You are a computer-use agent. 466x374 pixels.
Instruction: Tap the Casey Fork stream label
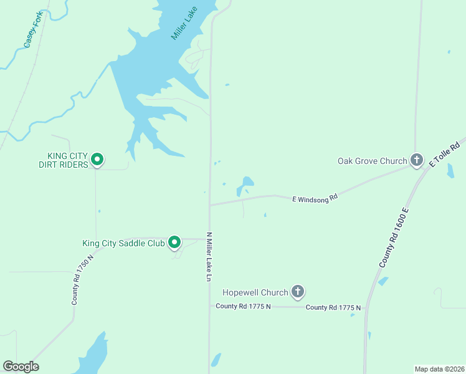click(x=33, y=29)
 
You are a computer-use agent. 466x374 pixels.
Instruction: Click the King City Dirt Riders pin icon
click(x=97, y=160)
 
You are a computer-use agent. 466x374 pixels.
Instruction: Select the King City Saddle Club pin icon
click(x=175, y=242)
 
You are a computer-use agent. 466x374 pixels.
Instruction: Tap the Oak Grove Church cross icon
click(x=416, y=160)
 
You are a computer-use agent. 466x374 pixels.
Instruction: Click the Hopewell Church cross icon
click(x=298, y=292)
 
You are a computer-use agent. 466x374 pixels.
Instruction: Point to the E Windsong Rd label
click(x=315, y=198)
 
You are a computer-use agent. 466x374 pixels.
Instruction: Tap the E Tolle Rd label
click(x=444, y=153)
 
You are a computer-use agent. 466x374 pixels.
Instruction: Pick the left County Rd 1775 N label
click(x=244, y=306)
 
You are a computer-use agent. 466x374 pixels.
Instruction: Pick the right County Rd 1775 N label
click(x=333, y=307)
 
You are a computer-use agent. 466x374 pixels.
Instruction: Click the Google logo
click(x=21, y=367)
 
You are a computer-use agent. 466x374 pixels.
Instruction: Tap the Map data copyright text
click(x=439, y=368)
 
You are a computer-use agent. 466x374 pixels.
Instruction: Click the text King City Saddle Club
click(x=123, y=243)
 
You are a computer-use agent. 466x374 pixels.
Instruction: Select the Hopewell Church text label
click(x=255, y=292)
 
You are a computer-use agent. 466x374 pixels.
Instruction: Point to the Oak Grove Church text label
click(x=372, y=161)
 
